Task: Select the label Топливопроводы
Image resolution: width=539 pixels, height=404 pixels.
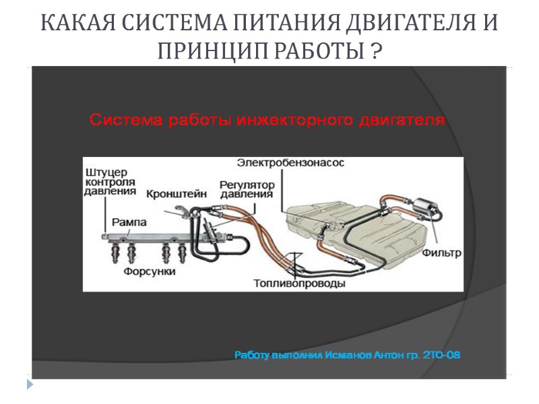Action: click(x=300, y=283)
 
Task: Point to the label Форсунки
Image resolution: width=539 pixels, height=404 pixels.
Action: click(x=150, y=272)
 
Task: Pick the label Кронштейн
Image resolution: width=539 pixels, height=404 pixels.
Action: click(x=173, y=193)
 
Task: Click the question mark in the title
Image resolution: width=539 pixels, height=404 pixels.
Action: click(x=375, y=50)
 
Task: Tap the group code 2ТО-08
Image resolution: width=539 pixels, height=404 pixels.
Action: click(x=441, y=354)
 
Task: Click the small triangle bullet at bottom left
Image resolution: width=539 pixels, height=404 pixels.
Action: click(x=30, y=384)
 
